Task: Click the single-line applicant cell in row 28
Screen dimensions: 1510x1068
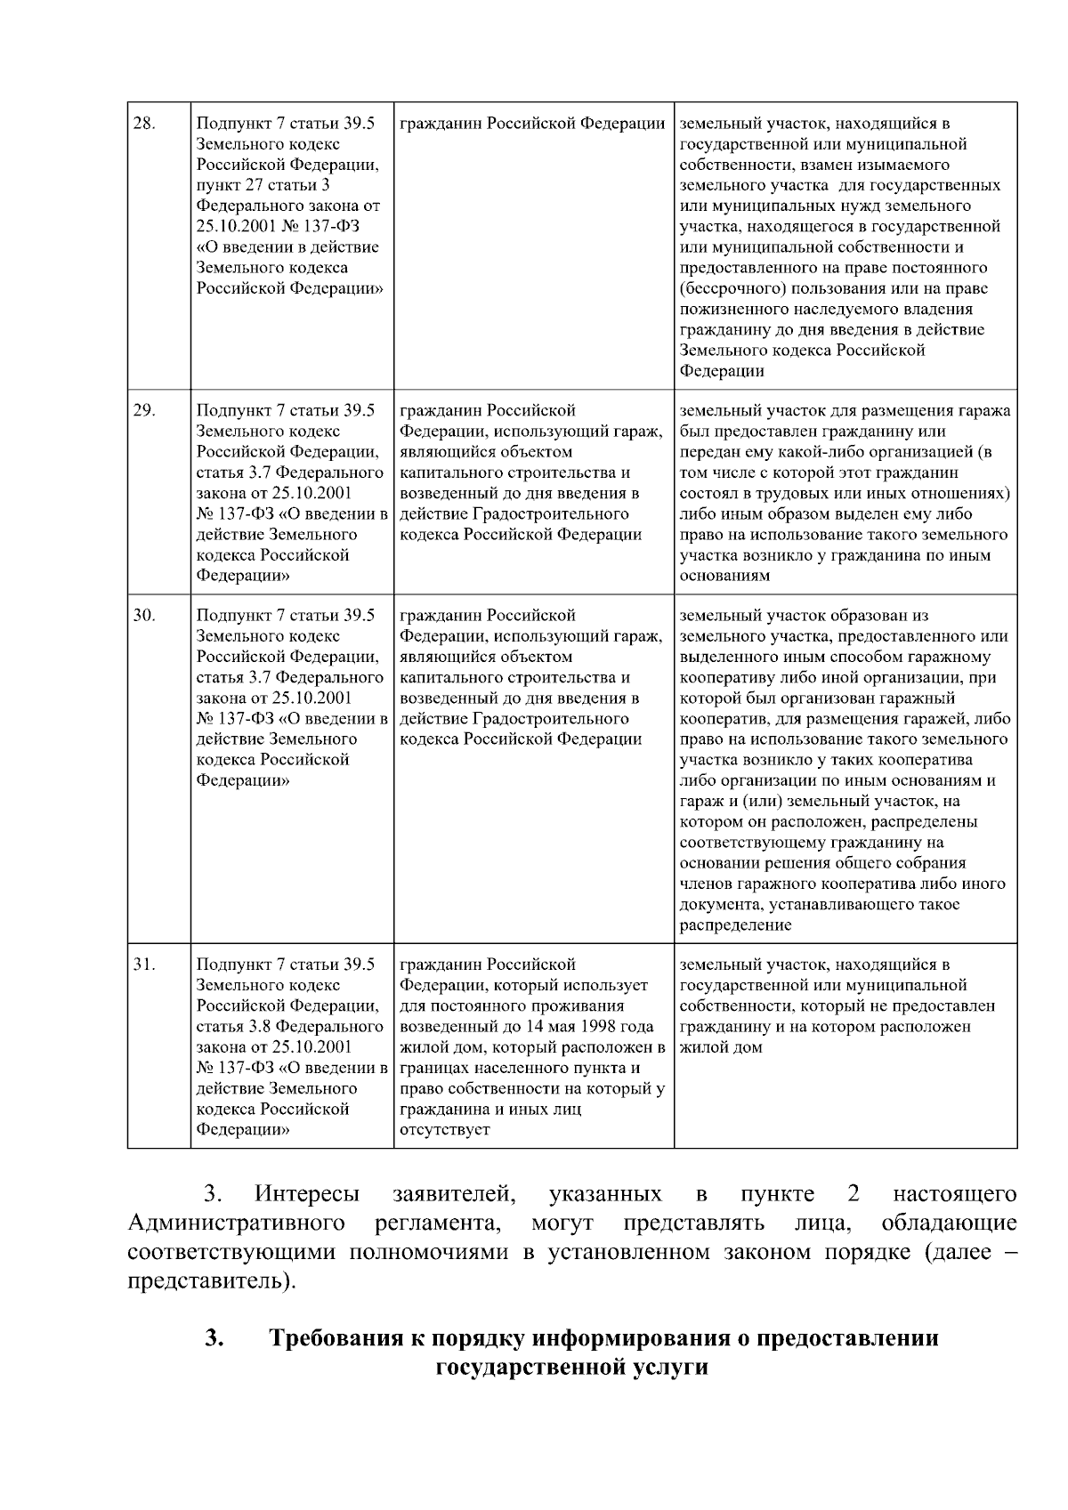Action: tap(532, 124)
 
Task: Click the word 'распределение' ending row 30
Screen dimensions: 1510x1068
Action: tap(735, 925)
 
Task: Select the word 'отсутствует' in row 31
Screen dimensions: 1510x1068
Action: tap(445, 1129)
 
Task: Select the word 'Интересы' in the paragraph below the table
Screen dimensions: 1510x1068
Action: tap(307, 1194)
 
